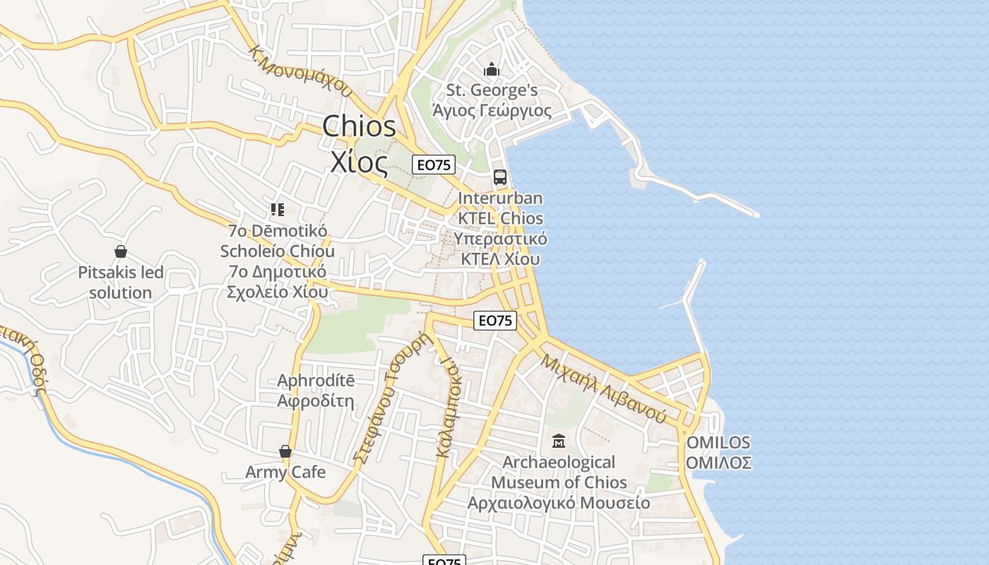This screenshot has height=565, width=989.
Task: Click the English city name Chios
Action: coord(359,127)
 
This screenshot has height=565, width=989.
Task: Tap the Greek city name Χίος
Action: coord(359,163)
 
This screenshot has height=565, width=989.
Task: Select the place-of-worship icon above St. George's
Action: coord(492,69)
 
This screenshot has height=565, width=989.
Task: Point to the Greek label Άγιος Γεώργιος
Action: coord(492,111)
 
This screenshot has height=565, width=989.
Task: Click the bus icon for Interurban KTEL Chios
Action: coord(500,177)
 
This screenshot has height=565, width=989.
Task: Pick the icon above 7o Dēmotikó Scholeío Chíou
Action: coord(277,209)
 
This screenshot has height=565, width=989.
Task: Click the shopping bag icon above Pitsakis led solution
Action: coord(121,251)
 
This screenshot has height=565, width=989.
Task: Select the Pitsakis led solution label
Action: coord(121,282)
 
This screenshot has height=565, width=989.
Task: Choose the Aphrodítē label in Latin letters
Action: coord(316,381)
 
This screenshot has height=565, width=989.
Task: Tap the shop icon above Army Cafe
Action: coord(285,451)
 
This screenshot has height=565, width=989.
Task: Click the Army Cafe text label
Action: coord(285,472)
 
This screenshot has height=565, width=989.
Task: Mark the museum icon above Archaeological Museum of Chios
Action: coord(559,441)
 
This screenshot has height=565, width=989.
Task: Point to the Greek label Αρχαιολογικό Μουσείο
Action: coord(559,503)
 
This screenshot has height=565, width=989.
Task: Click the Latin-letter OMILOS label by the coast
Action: coord(718,443)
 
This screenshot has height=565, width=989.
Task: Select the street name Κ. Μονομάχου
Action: coord(301,71)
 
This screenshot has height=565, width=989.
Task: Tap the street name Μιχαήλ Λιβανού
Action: coord(604,388)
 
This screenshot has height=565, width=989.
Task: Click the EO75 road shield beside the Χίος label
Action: coord(434,165)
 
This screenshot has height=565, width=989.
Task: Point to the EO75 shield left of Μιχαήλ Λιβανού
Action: coord(495,321)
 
